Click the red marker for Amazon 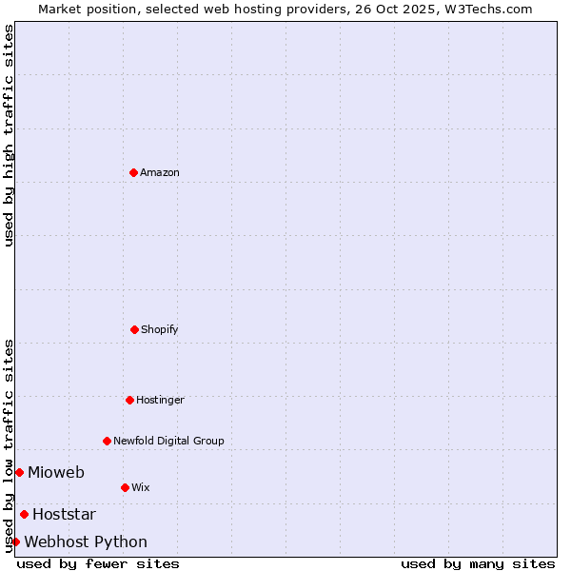point(133,172)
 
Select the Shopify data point point(134,329)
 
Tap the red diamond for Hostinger point(129,400)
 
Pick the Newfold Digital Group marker point(107,441)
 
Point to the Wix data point point(125,487)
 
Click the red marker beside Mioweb point(19,472)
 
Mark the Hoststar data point point(24,514)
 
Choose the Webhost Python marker point(15,541)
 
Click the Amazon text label point(160,172)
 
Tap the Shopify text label point(160,329)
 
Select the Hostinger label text point(160,400)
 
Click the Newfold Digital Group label point(168,441)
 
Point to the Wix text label point(141,487)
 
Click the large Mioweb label point(56,472)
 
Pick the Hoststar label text point(64,514)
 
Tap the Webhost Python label point(86,541)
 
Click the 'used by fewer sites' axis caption point(98,563)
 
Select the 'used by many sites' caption point(478,563)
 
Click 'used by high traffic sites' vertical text point(9,135)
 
